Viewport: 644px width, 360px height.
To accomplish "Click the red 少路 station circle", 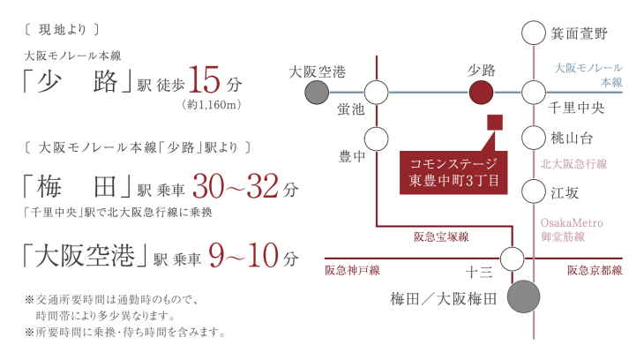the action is coord(481,92).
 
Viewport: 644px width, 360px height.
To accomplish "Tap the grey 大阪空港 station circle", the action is coord(317,92).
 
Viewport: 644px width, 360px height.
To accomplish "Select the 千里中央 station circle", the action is coord(534,92).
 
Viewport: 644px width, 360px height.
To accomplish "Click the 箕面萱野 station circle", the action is coord(534,33).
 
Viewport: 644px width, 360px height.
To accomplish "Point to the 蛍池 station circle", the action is coord(376,92).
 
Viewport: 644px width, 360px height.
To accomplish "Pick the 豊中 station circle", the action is coord(376,139).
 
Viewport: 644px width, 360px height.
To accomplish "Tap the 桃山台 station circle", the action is coord(534,138).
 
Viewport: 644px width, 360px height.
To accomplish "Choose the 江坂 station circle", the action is coord(534,191).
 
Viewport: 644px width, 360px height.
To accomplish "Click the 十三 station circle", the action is coord(513,259).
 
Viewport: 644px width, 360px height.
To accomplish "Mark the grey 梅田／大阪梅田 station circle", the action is coord(524,296).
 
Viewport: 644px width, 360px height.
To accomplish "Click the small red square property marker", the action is coord(495,123).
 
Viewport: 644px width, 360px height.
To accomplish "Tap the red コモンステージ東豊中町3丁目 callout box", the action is coord(453,173).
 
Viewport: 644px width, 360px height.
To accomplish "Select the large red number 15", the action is coord(204,80).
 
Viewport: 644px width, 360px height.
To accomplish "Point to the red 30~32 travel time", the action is coord(236,186).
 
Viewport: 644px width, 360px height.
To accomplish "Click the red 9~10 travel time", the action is coord(243,255).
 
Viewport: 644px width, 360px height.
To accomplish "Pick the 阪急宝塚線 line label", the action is coord(441,237).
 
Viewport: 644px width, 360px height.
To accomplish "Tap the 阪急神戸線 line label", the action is coord(352,270).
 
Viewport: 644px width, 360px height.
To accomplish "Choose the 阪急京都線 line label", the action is coord(595,270).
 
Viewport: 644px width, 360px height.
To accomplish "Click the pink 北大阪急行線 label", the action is coord(573,164).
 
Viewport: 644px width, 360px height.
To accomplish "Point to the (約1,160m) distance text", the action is coord(211,105).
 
